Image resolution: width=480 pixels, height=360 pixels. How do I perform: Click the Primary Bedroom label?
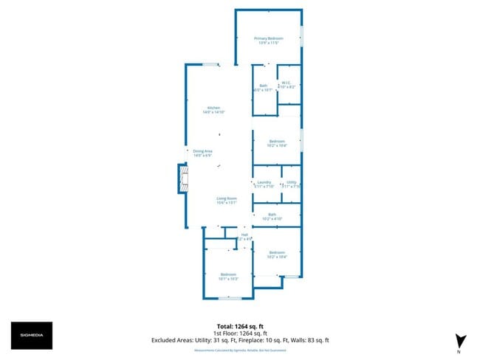click(x=269, y=41)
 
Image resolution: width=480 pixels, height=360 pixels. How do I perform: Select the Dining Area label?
click(x=202, y=153)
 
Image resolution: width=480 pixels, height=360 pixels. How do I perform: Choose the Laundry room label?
click(x=264, y=184)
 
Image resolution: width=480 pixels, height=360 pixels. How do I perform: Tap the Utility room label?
click(x=292, y=184)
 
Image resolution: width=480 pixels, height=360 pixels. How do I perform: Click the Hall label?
click(x=244, y=236)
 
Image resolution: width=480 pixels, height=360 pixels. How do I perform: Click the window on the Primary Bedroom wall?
click(x=301, y=36)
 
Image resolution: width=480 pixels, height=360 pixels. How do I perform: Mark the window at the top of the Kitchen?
click(x=210, y=65)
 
